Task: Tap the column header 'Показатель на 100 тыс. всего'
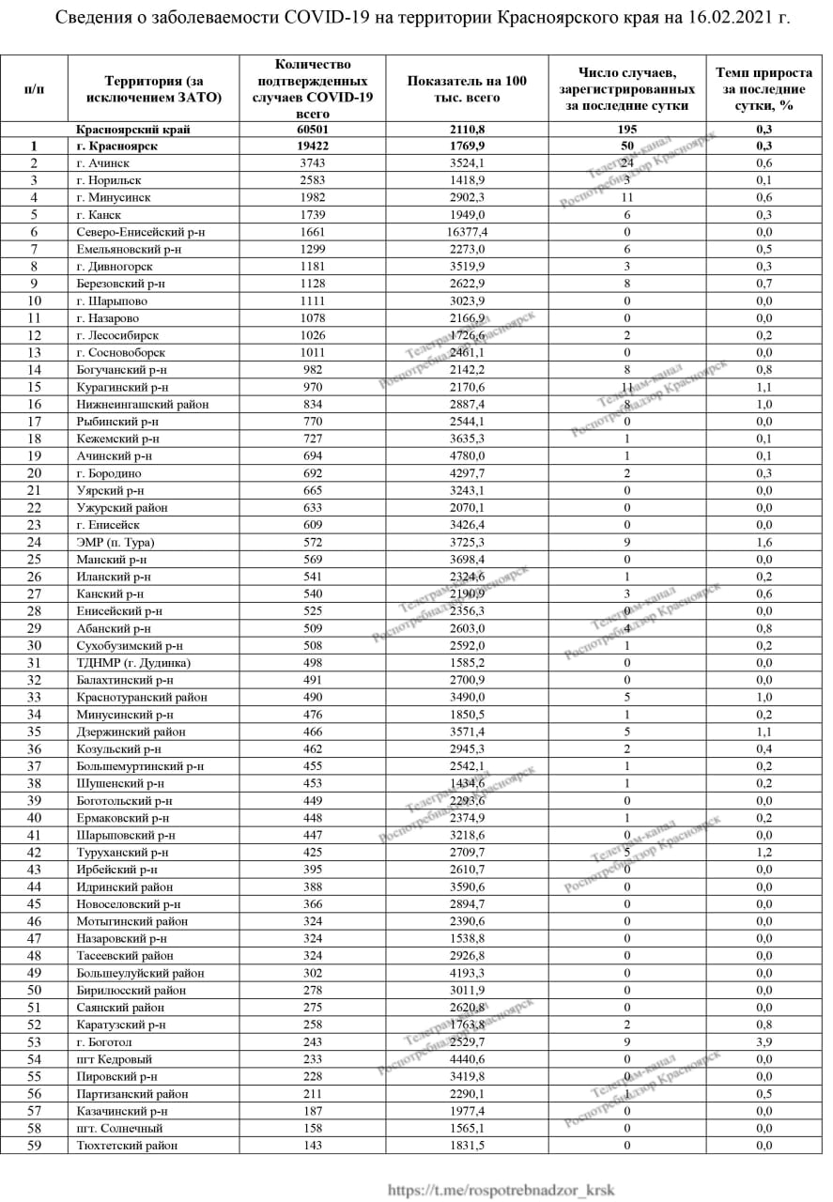coord(467,88)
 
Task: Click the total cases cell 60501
coord(313,130)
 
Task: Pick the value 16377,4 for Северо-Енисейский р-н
coord(467,232)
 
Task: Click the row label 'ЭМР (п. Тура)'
coord(116,543)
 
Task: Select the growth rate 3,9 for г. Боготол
coord(764,1042)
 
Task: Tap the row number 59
coord(34,1146)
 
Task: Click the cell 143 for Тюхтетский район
coord(313,1146)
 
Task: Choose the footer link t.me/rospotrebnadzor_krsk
coord(501,1190)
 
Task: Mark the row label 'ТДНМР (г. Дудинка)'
coord(134,663)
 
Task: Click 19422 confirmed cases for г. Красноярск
coord(313,146)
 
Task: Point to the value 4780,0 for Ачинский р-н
coord(467,455)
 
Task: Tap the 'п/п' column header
coord(34,88)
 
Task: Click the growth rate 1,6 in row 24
coord(764,543)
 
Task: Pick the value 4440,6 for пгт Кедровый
coord(467,1059)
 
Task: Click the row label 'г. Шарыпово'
coord(113,301)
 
